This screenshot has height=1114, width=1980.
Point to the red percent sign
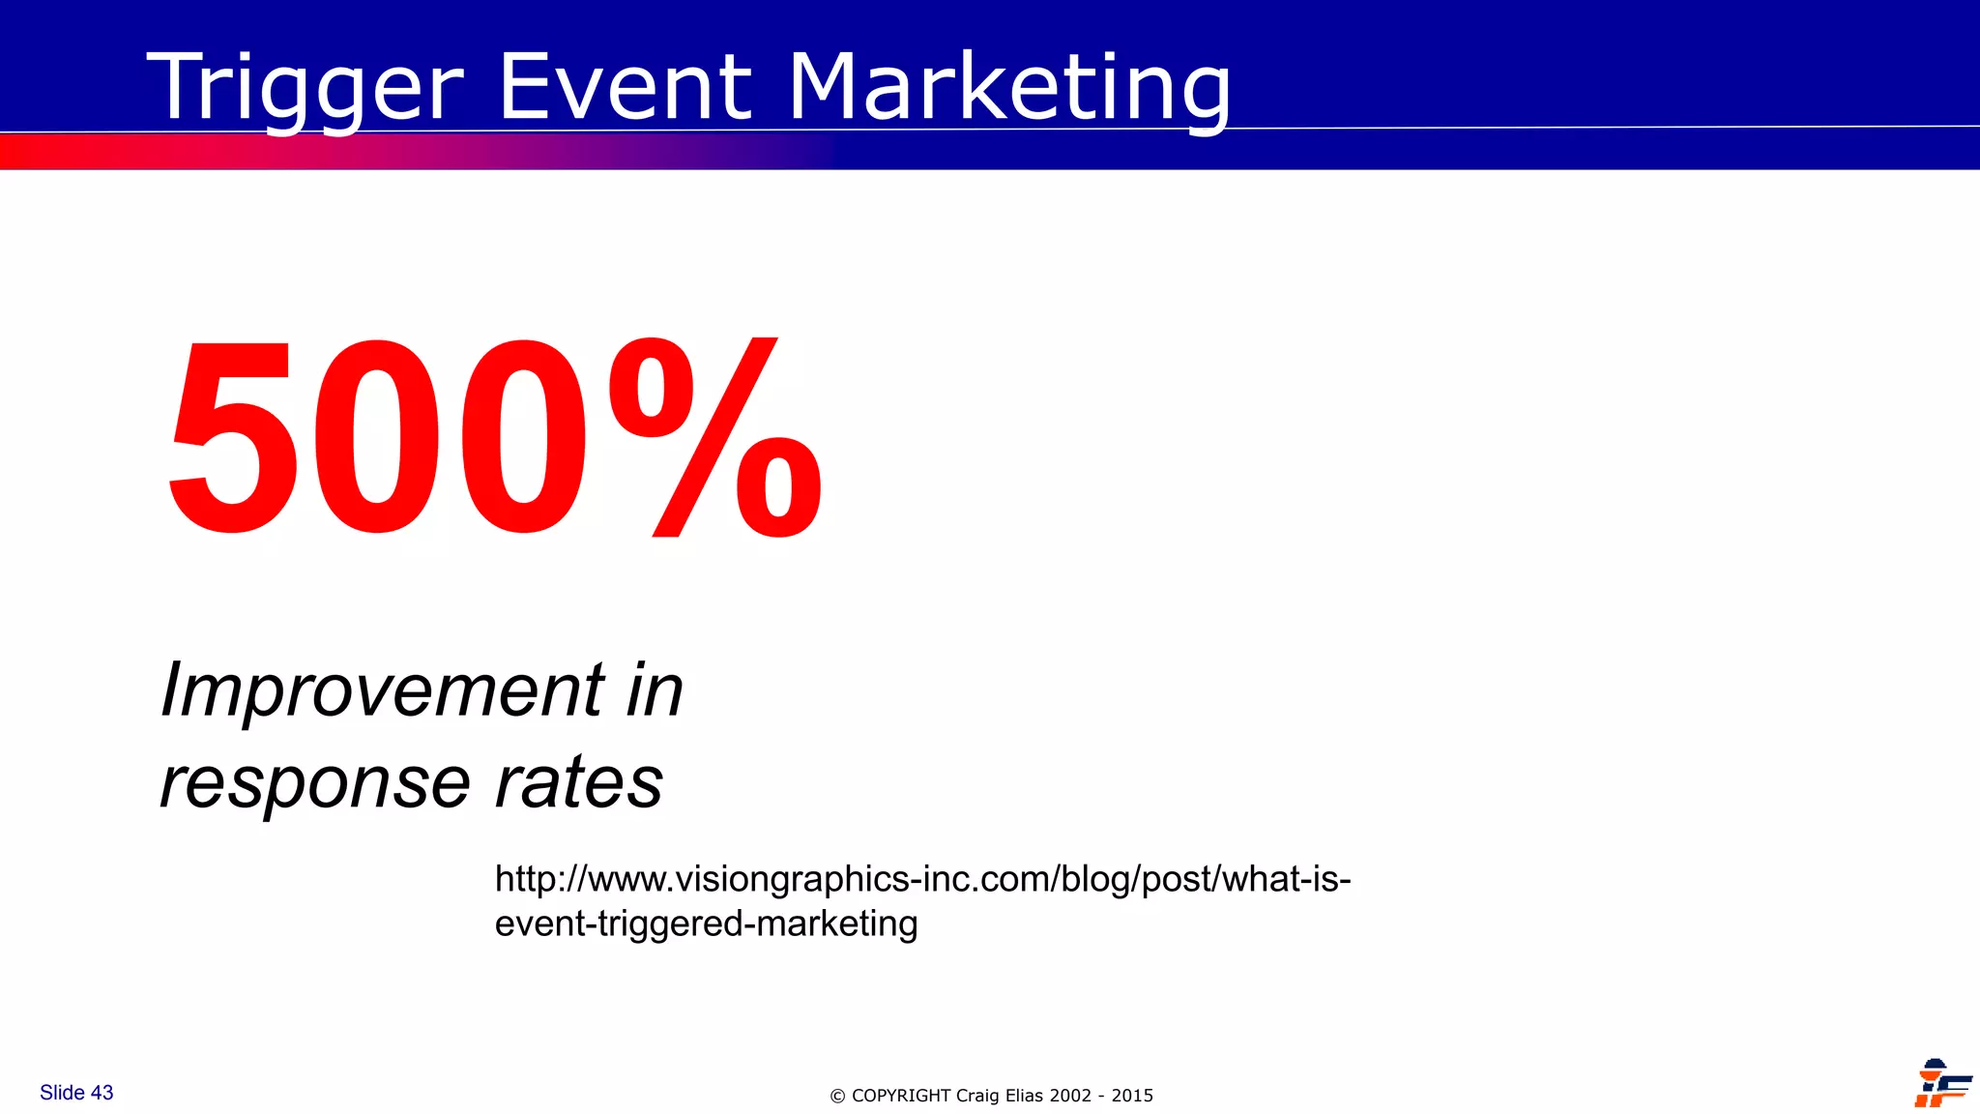click(x=715, y=437)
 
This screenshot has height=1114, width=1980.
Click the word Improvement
click(x=382, y=690)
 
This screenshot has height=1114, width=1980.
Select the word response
click(x=315, y=781)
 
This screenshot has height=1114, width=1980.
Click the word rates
click(x=579, y=781)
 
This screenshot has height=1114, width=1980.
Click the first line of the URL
click(x=922, y=879)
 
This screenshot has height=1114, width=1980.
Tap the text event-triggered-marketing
click(x=706, y=923)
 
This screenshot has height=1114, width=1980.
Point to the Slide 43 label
click(x=76, y=1093)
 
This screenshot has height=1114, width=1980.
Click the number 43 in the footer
click(x=102, y=1093)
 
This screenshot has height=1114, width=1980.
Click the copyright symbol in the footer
click(x=837, y=1097)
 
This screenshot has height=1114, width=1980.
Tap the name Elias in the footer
click(x=1025, y=1096)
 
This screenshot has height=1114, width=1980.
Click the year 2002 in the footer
click(x=1071, y=1096)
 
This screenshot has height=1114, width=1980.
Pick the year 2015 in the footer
click(x=1132, y=1096)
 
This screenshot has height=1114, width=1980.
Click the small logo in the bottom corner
click(x=1941, y=1083)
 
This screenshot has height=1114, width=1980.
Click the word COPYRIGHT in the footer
click(x=901, y=1096)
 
